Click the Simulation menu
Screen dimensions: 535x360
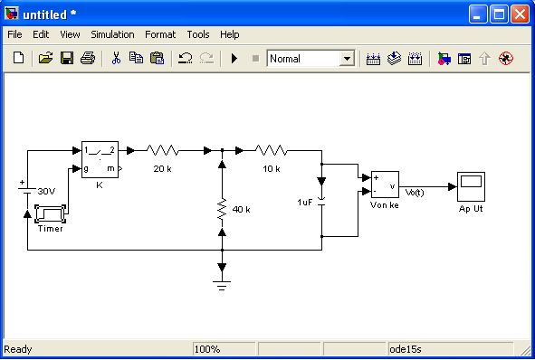[112, 34]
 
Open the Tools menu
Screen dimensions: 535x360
[198, 34]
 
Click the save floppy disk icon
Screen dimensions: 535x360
[67, 58]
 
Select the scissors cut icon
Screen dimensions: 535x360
[116, 58]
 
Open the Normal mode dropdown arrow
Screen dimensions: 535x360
[347, 59]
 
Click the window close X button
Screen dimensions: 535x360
[520, 14]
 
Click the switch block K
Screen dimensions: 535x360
[100, 159]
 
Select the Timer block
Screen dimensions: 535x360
[50, 213]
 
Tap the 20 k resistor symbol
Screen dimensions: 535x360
[162, 150]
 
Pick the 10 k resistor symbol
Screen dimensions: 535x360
[272, 150]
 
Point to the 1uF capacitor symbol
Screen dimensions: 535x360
[321, 202]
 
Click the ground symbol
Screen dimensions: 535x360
[222, 285]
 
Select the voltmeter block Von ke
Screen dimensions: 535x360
[385, 185]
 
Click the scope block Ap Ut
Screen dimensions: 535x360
[471, 187]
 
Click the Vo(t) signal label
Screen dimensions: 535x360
[415, 193]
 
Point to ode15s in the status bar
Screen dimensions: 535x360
[406, 349]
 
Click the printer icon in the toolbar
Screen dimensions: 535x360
[88, 58]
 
